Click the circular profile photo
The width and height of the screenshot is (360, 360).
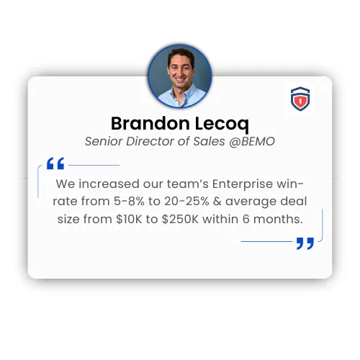(180, 76)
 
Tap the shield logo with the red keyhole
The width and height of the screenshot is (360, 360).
(300, 99)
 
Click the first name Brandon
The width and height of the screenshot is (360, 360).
(150, 123)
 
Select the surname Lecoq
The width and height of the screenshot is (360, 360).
(222, 125)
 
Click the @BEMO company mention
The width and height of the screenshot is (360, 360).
(252, 141)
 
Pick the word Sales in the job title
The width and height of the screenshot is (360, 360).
(209, 141)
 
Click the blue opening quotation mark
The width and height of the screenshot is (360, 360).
(55, 163)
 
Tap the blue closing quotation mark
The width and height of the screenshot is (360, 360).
(305, 243)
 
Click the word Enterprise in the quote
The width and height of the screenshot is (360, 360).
(243, 184)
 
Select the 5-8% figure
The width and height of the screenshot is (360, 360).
(129, 201)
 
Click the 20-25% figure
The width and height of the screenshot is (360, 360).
(186, 201)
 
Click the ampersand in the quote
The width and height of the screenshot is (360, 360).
(217, 201)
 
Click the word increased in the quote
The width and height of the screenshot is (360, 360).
(109, 184)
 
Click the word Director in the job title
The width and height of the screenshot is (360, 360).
(150, 141)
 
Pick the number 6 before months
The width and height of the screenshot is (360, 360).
(246, 219)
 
